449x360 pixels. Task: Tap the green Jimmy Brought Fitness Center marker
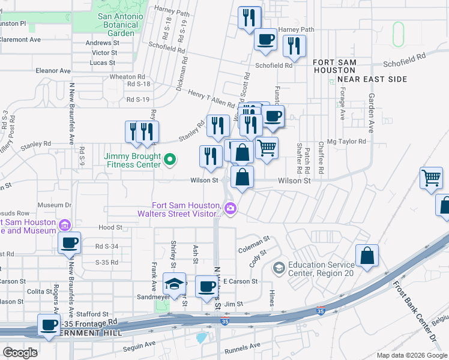pyautogui.click(x=170, y=160)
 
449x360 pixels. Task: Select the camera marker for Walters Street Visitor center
pyautogui.click(x=231, y=208)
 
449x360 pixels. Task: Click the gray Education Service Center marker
pyautogui.click(x=279, y=267)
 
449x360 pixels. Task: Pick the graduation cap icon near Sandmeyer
pyautogui.click(x=174, y=284)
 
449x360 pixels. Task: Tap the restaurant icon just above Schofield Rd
pyautogui.click(x=294, y=46)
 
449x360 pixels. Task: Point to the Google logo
pyautogui.click(x=20, y=352)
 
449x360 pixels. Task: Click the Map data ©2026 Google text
pyautogui.click(x=411, y=355)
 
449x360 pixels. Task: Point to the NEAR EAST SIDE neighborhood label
pyautogui.click(x=372, y=79)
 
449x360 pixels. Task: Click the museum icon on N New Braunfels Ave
pyautogui.click(x=65, y=225)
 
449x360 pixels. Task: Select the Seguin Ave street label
pyautogui.click(x=139, y=346)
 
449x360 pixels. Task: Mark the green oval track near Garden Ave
pyautogui.click(x=398, y=34)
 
